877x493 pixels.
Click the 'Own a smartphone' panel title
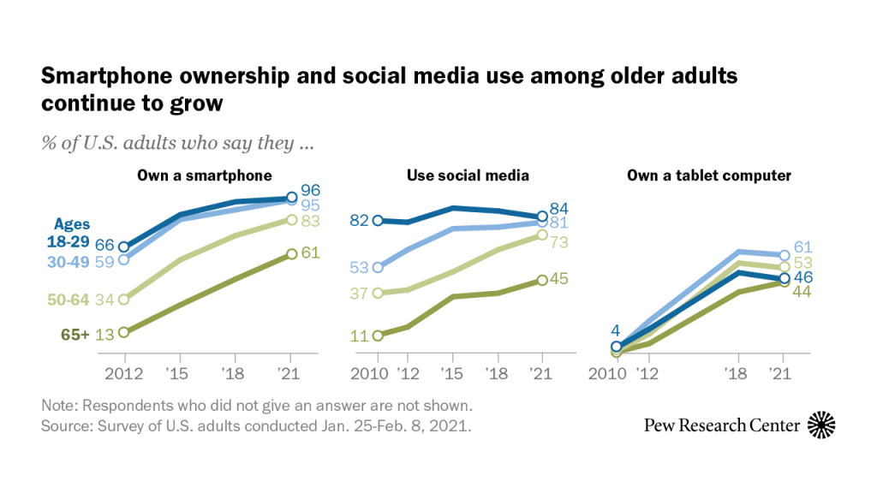click(x=205, y=175)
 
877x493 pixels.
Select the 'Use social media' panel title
click(x=468, y=175)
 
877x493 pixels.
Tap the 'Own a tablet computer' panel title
click(x=708, y=175)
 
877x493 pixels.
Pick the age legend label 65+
click(x=75, y=334)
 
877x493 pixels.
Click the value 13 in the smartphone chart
click(x=104, y=334)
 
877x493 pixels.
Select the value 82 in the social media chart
click(x=359, y=221)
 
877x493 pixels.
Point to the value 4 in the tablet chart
click(x=615, y=330)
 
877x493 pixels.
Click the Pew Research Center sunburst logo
click(x=821, y=425)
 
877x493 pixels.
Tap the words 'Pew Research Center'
click(x=722, y=425)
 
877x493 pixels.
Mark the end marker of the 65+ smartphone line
click(x=291, y=253)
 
